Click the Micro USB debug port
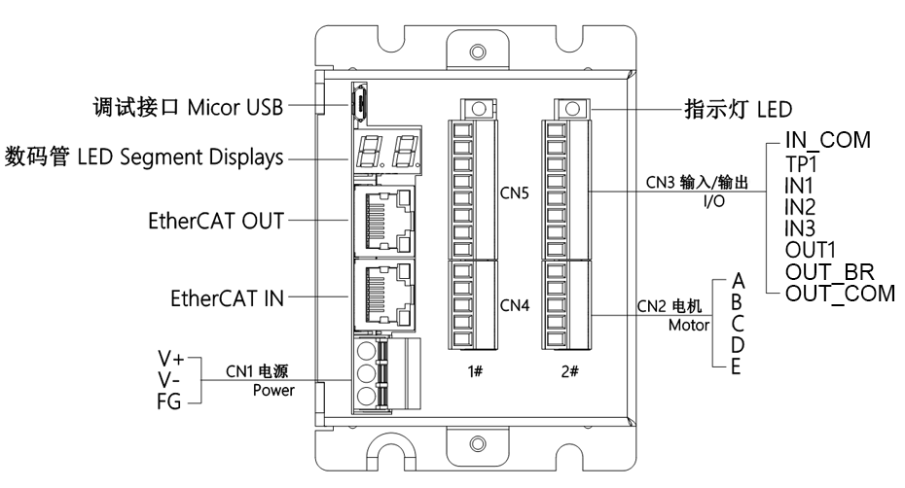click(x=358, y=101)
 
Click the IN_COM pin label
click(x=827, y=142)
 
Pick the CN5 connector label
click(x=514, y=192)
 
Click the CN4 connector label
click(x=514, y=304)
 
